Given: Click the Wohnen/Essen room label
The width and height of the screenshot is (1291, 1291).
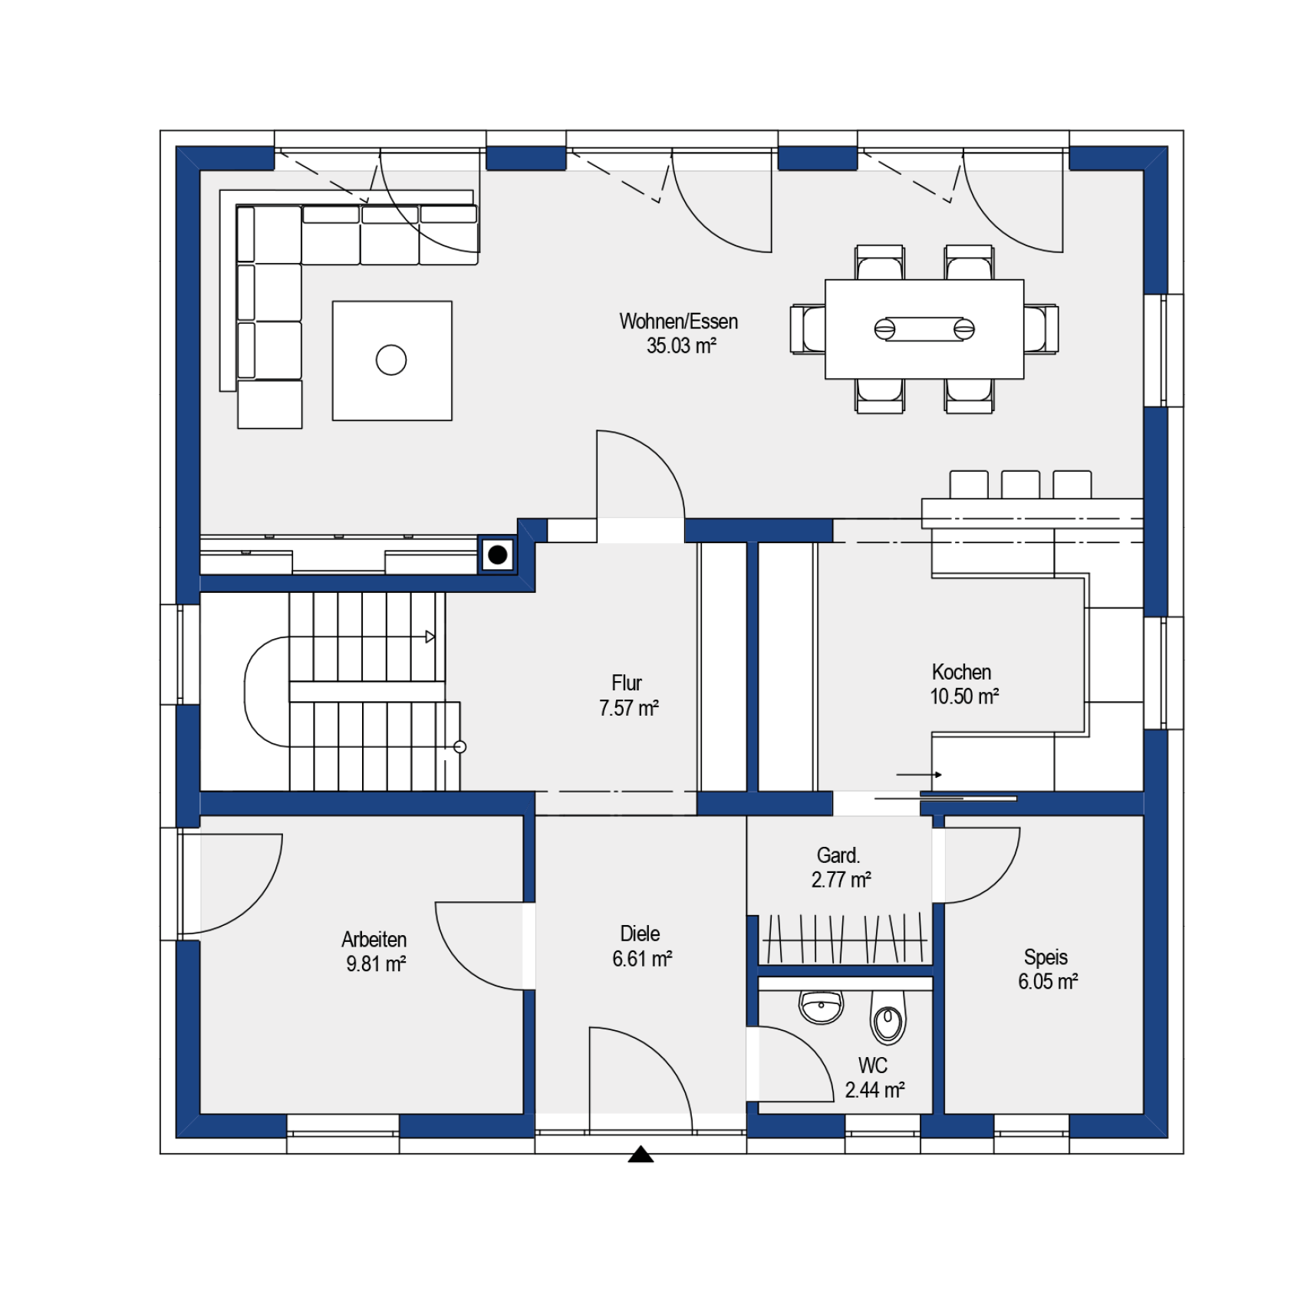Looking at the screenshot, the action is pos(678,321).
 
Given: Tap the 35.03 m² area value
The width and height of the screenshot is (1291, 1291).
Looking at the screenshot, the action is pos(681,346).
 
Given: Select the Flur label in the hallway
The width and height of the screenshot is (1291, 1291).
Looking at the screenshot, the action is pos(627,683).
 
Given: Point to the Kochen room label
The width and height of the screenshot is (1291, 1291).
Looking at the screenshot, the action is pos(961,672).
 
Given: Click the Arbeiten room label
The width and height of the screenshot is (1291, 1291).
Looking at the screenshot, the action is pos(374,940).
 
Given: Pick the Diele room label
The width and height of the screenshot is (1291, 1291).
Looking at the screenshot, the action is pos(640,934).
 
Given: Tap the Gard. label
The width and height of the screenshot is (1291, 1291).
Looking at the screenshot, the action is pos(838,855).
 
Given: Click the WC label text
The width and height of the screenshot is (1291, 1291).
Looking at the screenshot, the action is pos(873,1065).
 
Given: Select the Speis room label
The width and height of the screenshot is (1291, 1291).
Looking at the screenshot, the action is pos(1046,957).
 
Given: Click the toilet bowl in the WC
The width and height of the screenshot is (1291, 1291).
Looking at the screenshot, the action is pos(888,1016).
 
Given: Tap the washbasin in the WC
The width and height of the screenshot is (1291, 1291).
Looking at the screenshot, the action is pos(821,1006).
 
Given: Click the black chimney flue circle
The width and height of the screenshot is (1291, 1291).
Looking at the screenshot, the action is pos(498,555).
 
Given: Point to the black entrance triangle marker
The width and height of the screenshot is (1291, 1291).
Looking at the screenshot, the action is pos(641,1154).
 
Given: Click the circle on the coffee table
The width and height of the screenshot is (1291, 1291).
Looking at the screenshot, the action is pos(391,360).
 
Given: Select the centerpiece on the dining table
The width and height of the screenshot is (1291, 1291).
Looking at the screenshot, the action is pos(924,329).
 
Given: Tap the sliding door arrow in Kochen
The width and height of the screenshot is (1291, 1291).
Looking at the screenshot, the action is pos(919,775).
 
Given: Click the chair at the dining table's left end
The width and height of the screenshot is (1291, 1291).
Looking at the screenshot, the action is pos(808,329).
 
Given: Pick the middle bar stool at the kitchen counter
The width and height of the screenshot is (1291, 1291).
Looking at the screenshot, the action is pos(1020,485).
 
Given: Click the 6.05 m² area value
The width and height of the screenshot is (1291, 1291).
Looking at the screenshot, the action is pos(1048,982).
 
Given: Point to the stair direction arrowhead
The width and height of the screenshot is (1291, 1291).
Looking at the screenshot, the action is pos(430,637).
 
